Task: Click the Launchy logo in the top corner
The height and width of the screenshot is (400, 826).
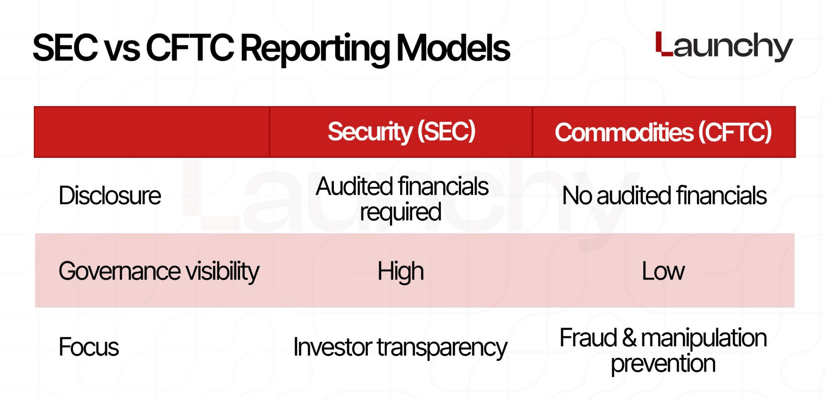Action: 724,47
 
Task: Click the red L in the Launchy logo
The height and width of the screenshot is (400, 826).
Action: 664,44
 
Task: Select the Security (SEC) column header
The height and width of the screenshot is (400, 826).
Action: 401,132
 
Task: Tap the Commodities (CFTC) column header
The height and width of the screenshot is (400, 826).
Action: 663,132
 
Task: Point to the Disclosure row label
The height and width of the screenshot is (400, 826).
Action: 110,195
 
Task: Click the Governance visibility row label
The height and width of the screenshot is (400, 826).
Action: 159,271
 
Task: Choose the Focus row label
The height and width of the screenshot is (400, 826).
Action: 89,347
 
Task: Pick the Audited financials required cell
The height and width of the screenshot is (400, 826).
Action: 402,199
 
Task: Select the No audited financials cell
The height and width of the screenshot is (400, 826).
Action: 664,195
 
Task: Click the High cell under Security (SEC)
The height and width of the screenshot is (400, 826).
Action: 401,272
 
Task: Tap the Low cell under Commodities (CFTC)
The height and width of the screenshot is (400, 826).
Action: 663,271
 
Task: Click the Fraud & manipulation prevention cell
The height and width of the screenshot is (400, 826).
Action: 663,350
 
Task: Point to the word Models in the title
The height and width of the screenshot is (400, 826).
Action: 453,48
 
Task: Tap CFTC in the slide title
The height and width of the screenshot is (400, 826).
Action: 190,48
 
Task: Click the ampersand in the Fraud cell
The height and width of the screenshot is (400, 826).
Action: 629,338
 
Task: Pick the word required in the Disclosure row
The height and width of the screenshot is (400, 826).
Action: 401,212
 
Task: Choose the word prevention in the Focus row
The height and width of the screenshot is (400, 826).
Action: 663,364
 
